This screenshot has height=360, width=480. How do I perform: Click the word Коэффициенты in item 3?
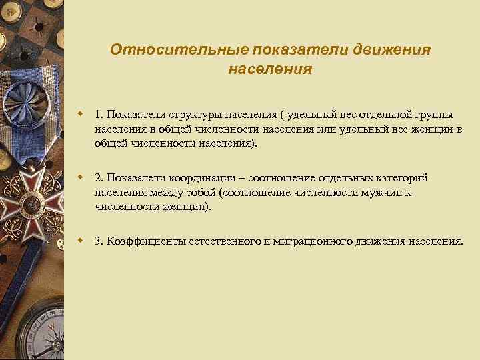tap(141, 241)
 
